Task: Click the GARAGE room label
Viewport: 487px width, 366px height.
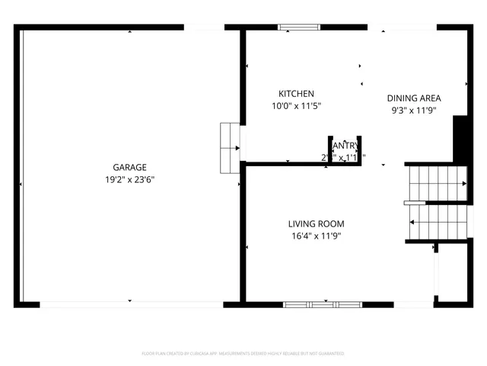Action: pyautogui.click(x=129, y=167)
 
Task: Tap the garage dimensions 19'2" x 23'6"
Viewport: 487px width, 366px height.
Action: pyautogui.click(x=129, y=179)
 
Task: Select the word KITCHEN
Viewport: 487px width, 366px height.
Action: pyautogui.click(x=296, y=94)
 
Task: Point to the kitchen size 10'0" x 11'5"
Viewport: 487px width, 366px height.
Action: pyautogui.click(x=296, y=106)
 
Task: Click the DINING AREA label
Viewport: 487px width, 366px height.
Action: pyautogui.click(x=414, y=98)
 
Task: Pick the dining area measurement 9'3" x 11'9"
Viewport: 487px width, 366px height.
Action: pyautogui.click(x=414, y=110)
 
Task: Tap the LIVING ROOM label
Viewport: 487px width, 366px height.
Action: pyautogui.click(x=316, y=223)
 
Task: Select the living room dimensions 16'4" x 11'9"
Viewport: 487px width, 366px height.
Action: pyautogui.click(x=316, y=236)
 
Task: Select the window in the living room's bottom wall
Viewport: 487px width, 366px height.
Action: pyautogui.click(x=322, y=304)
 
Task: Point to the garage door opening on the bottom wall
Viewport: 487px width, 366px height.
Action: pyautogui.click(x=131, y=304)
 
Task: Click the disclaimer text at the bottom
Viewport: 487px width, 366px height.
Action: pyautogui.click(x=243, y=354)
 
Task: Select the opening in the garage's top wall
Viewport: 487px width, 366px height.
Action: pyautogui.click(x=205, y=27)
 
